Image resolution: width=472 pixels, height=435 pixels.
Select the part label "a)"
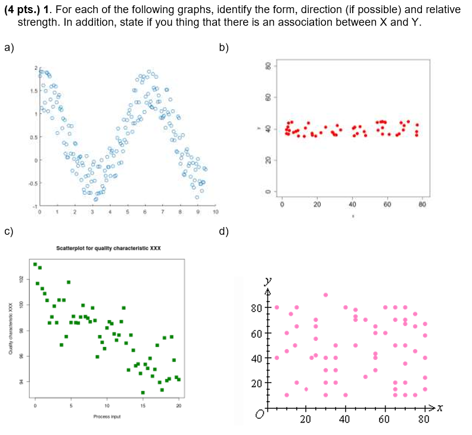tap(9, 48)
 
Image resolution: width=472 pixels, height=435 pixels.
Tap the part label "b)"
tap(224, 48)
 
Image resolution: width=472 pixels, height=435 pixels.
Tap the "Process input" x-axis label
tap(107, 417)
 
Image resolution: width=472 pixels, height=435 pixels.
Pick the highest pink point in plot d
tap(325, 295)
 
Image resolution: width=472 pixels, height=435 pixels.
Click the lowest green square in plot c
tap(143, 392)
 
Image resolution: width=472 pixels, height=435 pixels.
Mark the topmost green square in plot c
tap(35, 264)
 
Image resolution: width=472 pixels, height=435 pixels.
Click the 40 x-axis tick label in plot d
tap(345, 420)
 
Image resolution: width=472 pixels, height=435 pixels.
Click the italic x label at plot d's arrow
tap(440, 408)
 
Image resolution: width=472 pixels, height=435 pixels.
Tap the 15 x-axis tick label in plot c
tap(143, 405)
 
